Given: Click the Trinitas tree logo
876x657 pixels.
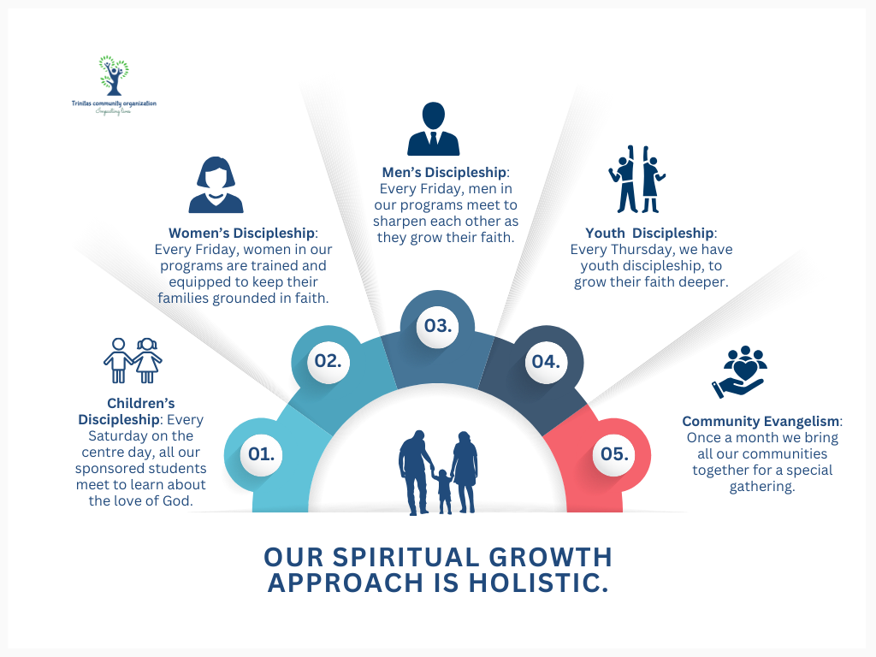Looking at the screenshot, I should pyautogui.click(x=113, y=76).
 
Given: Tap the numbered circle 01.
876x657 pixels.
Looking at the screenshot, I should pyautogui.click(x=261, y=454).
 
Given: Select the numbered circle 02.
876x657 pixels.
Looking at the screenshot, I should pyautogui.click(x=328, y=360).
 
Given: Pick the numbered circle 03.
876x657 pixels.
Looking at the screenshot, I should pyautogui.click(x=437, y=326).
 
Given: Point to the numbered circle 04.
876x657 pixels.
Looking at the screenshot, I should pyautogui.click(x=545, y=361).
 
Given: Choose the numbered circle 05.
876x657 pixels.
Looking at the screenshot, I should pyautogui.click(x=613, y=454).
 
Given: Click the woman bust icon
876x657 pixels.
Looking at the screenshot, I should pyautogui.click(x=216, y=185).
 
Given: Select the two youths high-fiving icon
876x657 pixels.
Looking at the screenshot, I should pyautogui.click(x=637, y=179).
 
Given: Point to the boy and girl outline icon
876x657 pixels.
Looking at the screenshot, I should pyautogui.click(x=133, y=360).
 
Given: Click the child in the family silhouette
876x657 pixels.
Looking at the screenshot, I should pyautogui.click(x=443, y=490).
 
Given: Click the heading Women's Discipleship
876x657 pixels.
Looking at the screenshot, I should pyautogui.click(x=242, y=234).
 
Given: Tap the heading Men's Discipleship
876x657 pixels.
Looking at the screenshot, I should pyautogui.click(x=445, y=173).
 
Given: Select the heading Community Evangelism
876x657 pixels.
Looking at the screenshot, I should pyautogui.click(x=761, y=422).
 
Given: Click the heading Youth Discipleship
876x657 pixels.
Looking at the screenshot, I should pyautogui.click(x=649, y=234).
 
